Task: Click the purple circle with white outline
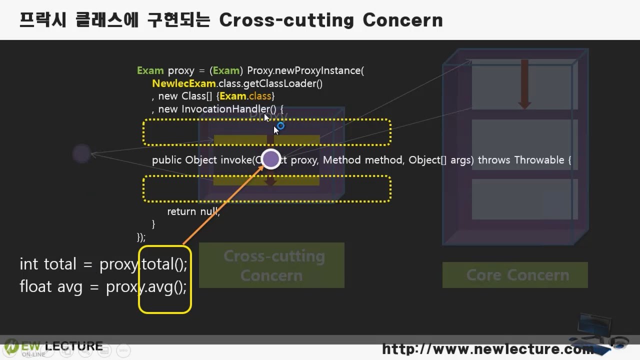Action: [x=271, y=159]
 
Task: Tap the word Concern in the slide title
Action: [x=402, y=20]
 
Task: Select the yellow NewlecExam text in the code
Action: [x=184, y=83]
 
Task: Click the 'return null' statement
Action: [x=193, y=211]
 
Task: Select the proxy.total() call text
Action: [x=143, y=264]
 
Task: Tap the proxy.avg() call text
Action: [x=146, y=287]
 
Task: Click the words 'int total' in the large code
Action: [x=48, y=264]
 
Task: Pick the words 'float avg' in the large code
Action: [x=51, y=287]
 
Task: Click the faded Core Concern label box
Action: [x=515, y=275]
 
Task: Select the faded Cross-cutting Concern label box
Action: [x=271, y=265]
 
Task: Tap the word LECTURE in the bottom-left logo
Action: [x=73, y=346]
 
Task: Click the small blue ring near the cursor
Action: [x=280, y=126]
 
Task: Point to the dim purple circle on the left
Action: [x=81, y=153]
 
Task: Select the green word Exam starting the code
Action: [x=150, y=70]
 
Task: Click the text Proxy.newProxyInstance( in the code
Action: [x=305, y=70]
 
